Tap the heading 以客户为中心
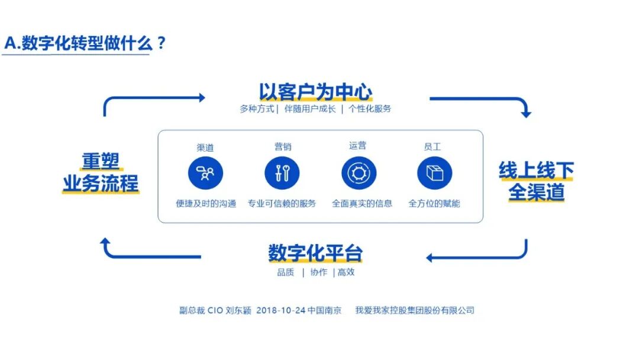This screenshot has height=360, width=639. [315, 92]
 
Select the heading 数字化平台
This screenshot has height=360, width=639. [315, 253]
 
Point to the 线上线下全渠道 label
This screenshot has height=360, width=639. [536, 181]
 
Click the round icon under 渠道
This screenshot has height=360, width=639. [205, 173]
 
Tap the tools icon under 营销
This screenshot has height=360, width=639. [282, 173]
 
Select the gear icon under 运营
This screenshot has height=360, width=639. [359, 173]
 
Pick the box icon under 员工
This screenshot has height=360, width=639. [434, 173]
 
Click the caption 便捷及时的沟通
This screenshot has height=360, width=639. [205, 203]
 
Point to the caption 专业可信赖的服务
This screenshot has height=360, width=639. [282, 203]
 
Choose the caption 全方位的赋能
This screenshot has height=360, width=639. [434, 203]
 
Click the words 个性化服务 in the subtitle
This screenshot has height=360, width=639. [370, 109]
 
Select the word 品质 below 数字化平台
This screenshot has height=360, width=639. [285, 272]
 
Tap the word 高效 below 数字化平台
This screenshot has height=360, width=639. [346, 272]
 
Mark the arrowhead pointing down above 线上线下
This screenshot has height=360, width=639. [525, 114]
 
